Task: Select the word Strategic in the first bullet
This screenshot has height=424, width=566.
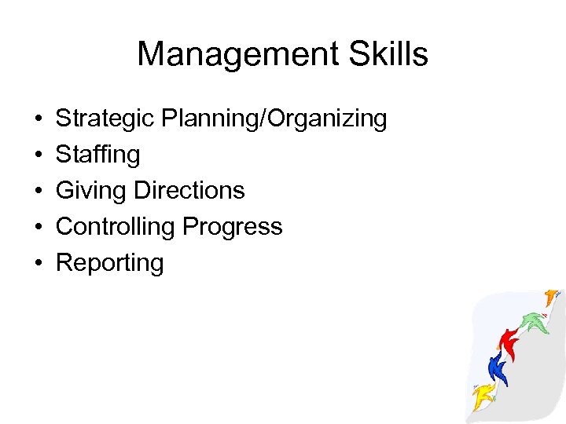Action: pyautogui.click(x=105, y=119)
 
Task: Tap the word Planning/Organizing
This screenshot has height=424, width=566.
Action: pyautogui.click(x=274, y=119)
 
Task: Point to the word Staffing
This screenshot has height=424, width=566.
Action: pyautogui.click(x=98, y=155)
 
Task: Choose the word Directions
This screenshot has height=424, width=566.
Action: pyautogui.click(x=189, y=190)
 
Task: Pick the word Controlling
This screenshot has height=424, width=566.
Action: pyautogui.click(x=116, y=226)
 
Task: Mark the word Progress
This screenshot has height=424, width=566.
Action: pyautogui.click(x=232, y=227)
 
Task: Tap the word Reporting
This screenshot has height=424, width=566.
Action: pyautogui.click(x=110, y=263)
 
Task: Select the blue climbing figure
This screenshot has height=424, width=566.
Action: pyautogui.click(x=497, y=366)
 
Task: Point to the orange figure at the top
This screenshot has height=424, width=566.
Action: pyautogui.click(x=551, y=298)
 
